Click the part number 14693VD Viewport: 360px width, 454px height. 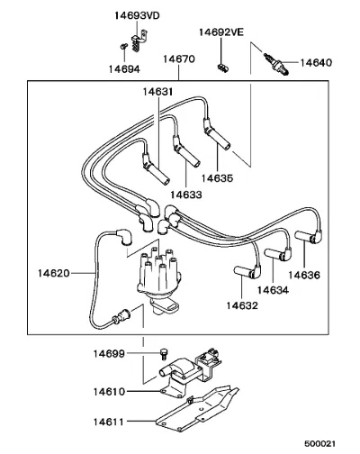[137, 15]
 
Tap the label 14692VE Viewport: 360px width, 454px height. [221, 32]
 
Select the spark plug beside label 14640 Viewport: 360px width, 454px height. [276, 64]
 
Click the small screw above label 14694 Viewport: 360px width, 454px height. [123, 46]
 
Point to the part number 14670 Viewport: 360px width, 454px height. [179, 59]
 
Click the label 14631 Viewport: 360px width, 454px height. [157, 92]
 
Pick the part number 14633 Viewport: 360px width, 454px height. [186, 195]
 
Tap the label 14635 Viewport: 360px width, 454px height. [217, 178]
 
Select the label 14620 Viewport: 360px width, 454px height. [54, 273]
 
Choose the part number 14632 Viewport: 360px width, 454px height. [242, 305]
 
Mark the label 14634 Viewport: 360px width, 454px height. [273, 290]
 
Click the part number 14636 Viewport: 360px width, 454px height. [304, 275]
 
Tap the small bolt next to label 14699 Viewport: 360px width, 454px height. [164, 354]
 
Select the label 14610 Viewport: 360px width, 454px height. [109, 392]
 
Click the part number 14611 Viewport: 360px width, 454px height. [109, 422]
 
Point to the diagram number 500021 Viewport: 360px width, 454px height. [320, 443]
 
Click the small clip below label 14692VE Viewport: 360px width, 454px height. [223, 68]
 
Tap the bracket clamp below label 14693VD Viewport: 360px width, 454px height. [139, 41]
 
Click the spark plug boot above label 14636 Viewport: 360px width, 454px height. [309, 236]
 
